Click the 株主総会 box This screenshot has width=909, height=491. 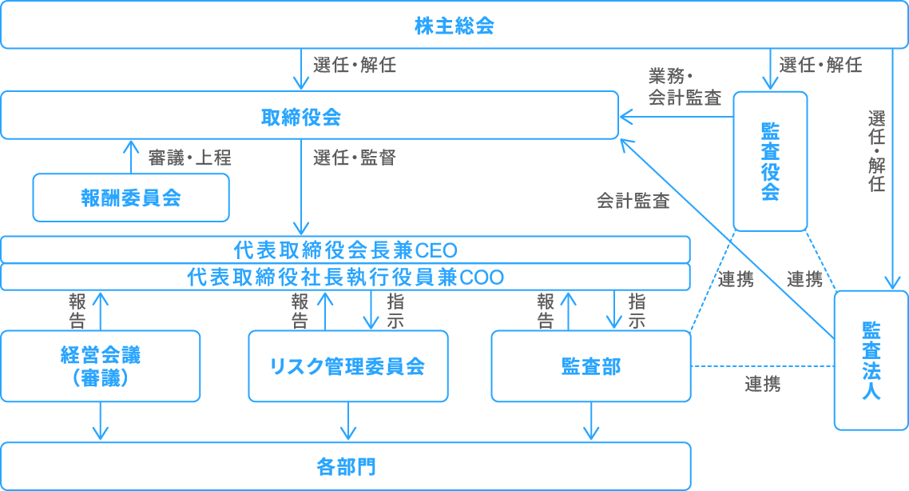pos(454,26)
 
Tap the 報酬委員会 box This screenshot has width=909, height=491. pos(130,198)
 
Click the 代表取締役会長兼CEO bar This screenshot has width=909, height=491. pos(344,249)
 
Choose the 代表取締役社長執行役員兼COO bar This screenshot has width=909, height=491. pos(344,277)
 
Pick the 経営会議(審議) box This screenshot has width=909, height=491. pos(100,366)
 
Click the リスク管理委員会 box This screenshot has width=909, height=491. pos(347,366)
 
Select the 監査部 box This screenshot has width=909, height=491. pos(590,366)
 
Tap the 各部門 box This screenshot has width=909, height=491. pos(344,466)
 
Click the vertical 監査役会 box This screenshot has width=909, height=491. pos(770,161)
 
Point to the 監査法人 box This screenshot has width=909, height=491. pos(871,360)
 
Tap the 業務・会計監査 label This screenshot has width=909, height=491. pos(685,87)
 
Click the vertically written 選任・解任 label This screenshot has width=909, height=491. pos(876,151)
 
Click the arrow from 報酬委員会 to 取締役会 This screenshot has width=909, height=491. pos(130,157)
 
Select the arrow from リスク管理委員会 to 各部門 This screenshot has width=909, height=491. pos(348,421)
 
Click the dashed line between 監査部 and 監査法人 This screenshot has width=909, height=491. pos(762,367)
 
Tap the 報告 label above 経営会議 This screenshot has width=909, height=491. pos(77,311)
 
